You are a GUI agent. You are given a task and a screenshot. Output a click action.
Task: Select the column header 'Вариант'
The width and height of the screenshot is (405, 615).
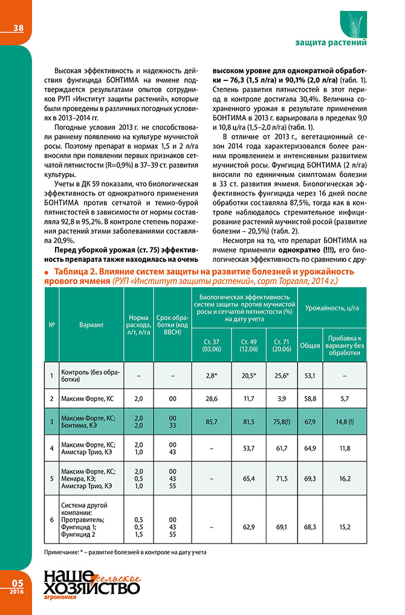(x=91, y=325)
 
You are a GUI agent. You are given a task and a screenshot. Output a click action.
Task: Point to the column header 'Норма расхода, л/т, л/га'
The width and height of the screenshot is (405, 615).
(x=138, y=325)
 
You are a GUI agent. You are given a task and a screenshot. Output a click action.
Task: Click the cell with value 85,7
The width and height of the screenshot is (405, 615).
(x=212, y=421)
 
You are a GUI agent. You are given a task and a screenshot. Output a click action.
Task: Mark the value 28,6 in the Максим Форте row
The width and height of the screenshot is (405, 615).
(x=212, y=399)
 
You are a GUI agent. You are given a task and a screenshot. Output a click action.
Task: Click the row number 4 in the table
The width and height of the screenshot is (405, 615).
(x=52, y=448)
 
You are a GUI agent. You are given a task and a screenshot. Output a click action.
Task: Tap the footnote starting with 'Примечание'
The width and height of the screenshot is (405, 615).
(x=126, y=553)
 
